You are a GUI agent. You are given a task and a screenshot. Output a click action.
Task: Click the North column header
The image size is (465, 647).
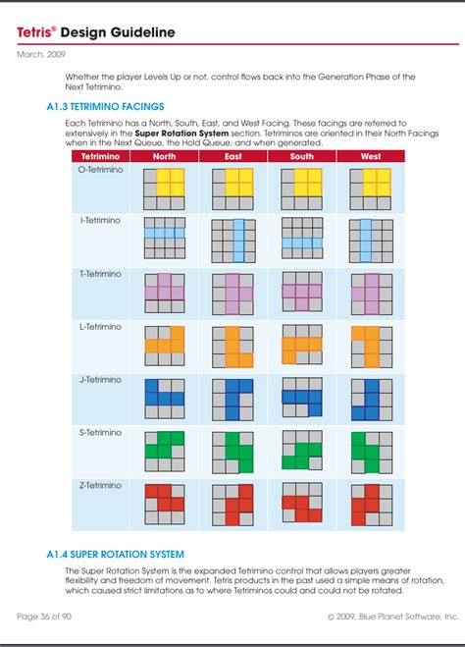(x=164, y=156)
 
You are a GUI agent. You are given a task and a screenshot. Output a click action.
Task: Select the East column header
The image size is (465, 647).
(x=233, y=156)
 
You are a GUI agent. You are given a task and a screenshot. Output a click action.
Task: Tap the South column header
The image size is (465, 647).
(x=302, y=156)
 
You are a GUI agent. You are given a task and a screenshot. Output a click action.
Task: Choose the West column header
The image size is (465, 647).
(x=371, y=156)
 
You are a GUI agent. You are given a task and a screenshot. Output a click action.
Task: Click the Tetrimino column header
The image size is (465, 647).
(x=100, y=156)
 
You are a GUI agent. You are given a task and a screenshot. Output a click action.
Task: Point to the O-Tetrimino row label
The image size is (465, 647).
(x=100, y=169)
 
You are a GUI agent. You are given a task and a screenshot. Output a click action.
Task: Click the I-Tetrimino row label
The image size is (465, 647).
(x=100, y=221)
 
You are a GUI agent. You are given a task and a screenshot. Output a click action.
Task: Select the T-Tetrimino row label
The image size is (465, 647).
(x=100, y=274)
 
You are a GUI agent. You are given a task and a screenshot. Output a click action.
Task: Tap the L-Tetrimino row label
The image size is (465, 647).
(x=100, y=327)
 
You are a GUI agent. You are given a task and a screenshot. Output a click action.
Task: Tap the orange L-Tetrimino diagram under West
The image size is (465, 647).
(x=371, y=345)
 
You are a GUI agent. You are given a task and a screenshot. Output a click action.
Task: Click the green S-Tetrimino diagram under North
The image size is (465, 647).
(x=164, y=451)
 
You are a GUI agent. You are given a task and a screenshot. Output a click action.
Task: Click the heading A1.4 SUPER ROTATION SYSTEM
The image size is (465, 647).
(x=115, y=555)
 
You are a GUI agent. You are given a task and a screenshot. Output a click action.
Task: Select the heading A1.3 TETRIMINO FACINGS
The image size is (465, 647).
(x=105, y=105)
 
